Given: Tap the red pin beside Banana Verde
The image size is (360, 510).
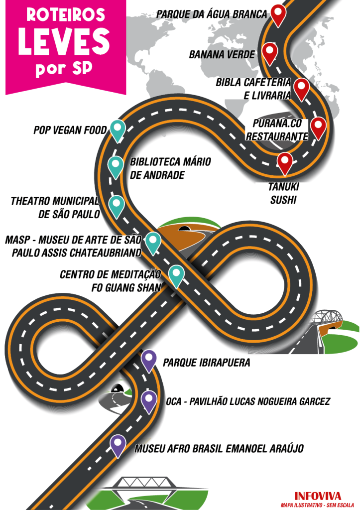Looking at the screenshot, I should [269, 52].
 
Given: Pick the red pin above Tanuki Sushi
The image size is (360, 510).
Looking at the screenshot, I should [285, 162].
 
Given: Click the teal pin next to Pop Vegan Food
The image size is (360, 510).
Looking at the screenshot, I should [117, 129].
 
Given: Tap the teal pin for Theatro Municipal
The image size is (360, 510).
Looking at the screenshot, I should [116, 205].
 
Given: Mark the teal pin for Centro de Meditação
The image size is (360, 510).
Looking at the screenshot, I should [176, 275].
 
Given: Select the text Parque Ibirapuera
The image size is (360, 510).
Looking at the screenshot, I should [206, 363].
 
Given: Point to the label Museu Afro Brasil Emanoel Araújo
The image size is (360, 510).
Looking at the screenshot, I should [219, 448].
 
